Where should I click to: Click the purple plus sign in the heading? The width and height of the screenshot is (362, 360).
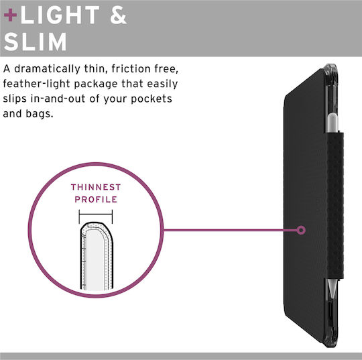pos(10,15)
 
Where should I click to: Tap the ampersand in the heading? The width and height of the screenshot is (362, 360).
pos(119,15)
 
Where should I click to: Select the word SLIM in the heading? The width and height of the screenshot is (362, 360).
pos(36,42)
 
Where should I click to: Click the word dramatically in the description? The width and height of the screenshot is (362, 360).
pos(47,69)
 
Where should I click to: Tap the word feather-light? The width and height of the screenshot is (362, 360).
pos(36,84)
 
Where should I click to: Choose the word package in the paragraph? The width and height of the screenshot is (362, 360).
pos(96,84)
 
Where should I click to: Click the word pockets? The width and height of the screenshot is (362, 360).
pos(152,99)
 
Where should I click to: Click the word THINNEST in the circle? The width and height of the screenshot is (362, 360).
pos(96,187)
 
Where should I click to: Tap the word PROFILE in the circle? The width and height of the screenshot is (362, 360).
pos(96,200)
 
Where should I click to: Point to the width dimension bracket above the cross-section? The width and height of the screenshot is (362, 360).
pos(96,214)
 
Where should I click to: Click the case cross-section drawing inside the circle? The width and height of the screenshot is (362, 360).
pos(97,256)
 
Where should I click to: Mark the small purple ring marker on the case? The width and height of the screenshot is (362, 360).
pos(301,230)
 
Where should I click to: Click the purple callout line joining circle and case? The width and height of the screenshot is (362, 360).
pos(230,230)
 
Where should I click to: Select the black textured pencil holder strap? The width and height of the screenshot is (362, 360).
pos(335,205)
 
